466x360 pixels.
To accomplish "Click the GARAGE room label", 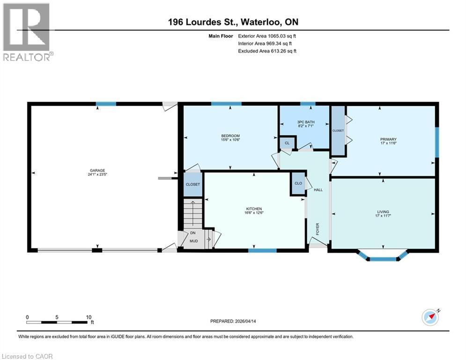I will (98, 171).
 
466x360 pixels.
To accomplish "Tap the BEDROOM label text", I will (230, 136).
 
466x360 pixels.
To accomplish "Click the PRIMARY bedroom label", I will (388, 139).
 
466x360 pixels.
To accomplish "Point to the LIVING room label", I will (383, 212).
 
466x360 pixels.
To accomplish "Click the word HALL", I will (318, 189).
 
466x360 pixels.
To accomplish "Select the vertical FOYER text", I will (318, 229).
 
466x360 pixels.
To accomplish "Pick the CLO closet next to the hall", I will (298, 184).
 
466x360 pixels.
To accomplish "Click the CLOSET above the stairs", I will (192, 184).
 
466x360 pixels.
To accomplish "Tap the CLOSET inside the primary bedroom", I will (338, 131).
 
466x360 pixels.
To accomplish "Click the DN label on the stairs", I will (192, 233).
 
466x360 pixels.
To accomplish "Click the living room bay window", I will (383, 257).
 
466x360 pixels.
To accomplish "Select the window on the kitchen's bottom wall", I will (262, 250).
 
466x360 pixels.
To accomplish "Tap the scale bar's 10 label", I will (89, 317).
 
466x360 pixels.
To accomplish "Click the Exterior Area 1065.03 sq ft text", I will (267, 36).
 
